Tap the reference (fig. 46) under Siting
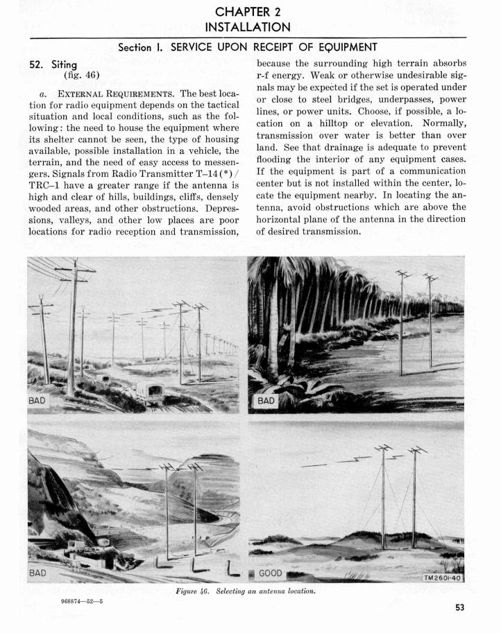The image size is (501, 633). (81, 74)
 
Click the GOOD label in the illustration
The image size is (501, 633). (270, 575)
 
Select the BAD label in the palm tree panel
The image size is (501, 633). (266, 401)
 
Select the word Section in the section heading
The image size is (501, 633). (140, 47)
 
